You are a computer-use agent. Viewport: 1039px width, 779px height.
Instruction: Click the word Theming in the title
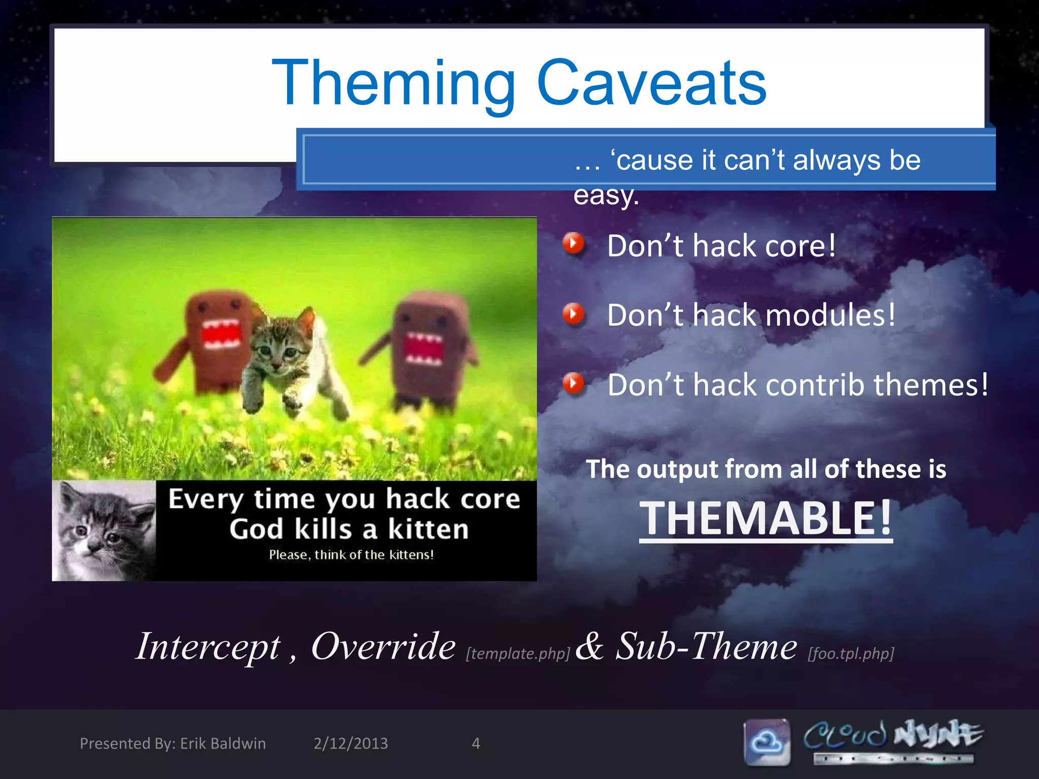pyautogui.click(x=394, y=84)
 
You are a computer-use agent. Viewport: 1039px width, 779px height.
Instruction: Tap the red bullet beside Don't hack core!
pyautogui.click(x=573, y=243)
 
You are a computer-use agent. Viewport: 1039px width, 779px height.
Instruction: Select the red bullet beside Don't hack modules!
pyautogui.click(x=573, y=314)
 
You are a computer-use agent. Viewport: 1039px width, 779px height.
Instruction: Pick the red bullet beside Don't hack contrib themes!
pyautogui.click(x=573, y=383)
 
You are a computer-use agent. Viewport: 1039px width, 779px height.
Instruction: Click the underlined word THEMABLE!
pyautogui.click(x=765, y=518)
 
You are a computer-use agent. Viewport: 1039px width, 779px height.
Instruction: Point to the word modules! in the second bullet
pyautogui.click(x=830, y=315)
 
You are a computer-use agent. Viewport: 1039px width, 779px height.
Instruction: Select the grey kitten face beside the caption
pyautogui.click(x=104, y=530)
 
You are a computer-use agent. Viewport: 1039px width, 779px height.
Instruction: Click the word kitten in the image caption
pyautogui.click(x=428, y=529)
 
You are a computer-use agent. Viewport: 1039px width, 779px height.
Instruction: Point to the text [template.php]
pyautogui.click(x=518, y=653)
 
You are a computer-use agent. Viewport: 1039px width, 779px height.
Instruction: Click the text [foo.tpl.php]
pyautogui.click(x=851, y=653)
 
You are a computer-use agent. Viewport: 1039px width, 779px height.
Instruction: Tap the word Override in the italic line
pyautogui.click(x=383, y=647)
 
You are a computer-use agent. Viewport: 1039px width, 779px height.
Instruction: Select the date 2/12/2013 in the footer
pyautogui.click(x=351, y=743)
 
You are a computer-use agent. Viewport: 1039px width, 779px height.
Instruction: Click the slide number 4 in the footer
pyautogui.click(x=475, y=743)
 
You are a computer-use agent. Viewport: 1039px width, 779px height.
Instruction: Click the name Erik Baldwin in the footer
pyautogui.click(x=223, y=743)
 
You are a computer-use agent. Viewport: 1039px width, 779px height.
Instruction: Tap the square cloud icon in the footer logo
pyautogui.click(x=767, y=742)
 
